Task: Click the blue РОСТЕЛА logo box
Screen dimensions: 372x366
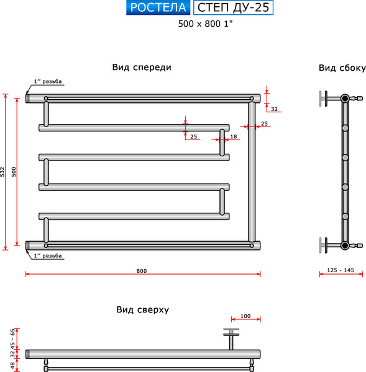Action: (158, 8)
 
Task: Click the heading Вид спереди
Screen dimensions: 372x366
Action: (142, 68)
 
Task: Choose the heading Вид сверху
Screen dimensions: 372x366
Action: (142, 309)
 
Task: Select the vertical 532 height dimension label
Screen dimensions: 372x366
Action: (3, 171)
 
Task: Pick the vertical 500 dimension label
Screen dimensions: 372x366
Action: (14, 171)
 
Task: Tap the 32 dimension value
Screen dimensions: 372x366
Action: (274, 109)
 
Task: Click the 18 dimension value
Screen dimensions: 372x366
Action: (234, 136)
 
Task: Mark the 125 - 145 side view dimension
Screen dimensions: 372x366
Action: (341, 270)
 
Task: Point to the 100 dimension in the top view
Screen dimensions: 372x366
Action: (245, 317)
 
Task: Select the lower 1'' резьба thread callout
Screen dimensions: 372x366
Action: (48, 255)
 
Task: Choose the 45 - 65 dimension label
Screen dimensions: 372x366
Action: (12, 337)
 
